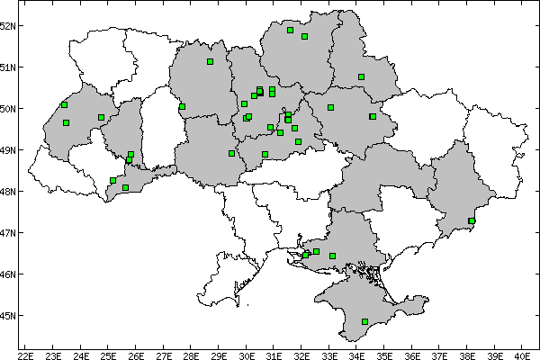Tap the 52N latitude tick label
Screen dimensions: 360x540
[x=9, y=25]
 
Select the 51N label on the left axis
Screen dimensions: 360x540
[x=9, y=67]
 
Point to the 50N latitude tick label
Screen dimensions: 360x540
[x=9, y=108]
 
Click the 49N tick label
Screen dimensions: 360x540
[x=9, y=149]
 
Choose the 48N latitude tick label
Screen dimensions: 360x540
[x=9, y=191]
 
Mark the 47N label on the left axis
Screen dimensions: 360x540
[x=9, y=232]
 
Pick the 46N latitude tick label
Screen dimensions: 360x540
[x=9, y=274]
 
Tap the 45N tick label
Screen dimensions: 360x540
[x=9, y=315]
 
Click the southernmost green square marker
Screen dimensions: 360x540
[x=364, y=321]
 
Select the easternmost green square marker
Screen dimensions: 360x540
[x=472, y=220]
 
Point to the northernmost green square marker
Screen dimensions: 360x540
[x=291, y=30]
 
